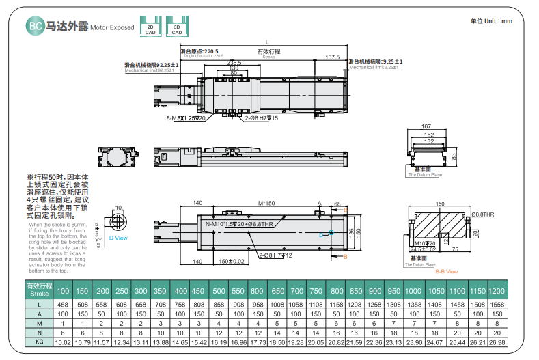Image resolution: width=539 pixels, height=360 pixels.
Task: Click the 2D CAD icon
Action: tap(150, 27)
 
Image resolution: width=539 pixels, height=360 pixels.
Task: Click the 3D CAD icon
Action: tap(176, 27)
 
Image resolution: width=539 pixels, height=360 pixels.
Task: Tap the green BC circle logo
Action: tap(35, 27)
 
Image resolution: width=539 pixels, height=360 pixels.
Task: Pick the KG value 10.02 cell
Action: tap(63, 341)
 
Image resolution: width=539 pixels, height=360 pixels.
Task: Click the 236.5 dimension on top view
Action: tap(234, 62)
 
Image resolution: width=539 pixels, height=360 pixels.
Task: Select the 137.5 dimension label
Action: tap(332, 57)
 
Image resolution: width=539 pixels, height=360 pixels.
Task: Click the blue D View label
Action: tap(118, 238)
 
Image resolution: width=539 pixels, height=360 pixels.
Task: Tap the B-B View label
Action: tap(446, 271)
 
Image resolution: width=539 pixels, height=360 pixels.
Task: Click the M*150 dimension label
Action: tap(266, 203)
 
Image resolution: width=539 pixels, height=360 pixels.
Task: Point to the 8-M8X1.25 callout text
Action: tap(186, 118)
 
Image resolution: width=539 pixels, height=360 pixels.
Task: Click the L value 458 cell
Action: tap(63, 303)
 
